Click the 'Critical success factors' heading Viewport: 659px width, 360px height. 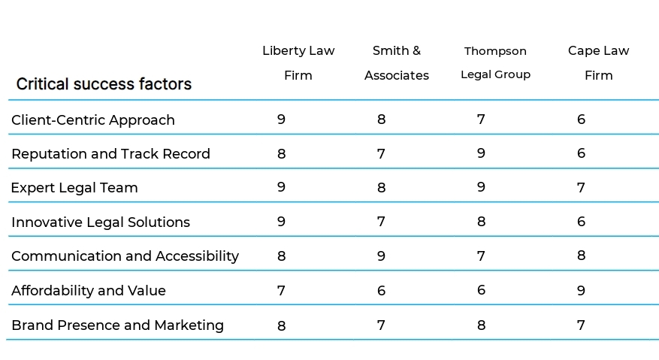[104, 84]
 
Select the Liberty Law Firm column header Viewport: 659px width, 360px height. [298, 63]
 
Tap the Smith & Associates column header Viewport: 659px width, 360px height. [397, 63]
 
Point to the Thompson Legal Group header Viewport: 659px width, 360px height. [495, 63]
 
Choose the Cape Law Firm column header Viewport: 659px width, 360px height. [598, 63]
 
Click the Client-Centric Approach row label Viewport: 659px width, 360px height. [93, 120]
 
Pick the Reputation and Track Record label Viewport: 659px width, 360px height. [110, 154]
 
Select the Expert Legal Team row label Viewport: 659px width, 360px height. [74, 188]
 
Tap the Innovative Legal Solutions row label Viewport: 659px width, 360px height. [101, 222]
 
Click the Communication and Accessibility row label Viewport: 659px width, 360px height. [125, 256]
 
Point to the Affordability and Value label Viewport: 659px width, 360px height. [89, 291]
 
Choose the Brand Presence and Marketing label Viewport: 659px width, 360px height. [117, 325]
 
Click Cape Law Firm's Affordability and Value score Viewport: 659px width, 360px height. [581, 290]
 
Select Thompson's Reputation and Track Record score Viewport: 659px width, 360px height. [481, 153]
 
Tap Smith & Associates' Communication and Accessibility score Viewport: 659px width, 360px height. [381, 256]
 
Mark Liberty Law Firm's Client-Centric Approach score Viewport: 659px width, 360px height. [281, 119]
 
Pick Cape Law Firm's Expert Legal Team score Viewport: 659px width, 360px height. [581, 188]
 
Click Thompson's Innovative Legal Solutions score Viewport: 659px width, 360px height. [481, 222]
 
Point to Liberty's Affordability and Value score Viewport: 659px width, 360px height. [281, 290]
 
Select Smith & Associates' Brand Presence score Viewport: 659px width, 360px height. [381, 325]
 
